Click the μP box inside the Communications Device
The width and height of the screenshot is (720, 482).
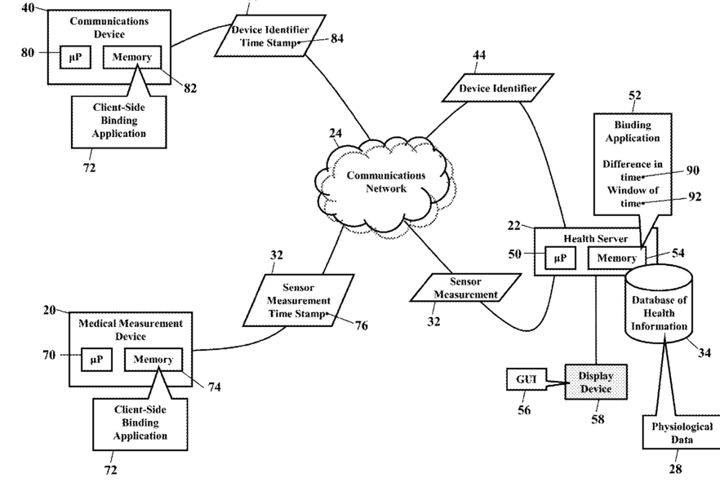75,57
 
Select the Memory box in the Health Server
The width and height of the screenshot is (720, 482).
616,259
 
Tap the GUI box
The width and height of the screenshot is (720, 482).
527,379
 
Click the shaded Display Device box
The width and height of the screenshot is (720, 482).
596,382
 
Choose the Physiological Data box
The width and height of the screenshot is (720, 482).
682,432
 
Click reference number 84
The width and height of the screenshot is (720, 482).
337,38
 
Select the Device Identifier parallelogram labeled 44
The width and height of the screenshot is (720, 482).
498,87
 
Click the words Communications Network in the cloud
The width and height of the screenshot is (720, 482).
386,182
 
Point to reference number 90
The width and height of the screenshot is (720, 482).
693,170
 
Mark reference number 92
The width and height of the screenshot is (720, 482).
696,197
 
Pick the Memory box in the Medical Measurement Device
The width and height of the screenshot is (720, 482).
153,360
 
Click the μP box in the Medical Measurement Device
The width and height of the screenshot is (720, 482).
96,360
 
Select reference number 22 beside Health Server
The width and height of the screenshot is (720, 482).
514,226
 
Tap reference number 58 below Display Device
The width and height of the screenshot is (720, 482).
598,419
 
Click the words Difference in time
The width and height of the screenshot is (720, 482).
633,170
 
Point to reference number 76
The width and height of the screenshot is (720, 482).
362,325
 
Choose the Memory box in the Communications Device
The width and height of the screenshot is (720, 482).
132,57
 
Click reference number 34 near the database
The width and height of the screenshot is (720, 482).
704,352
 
